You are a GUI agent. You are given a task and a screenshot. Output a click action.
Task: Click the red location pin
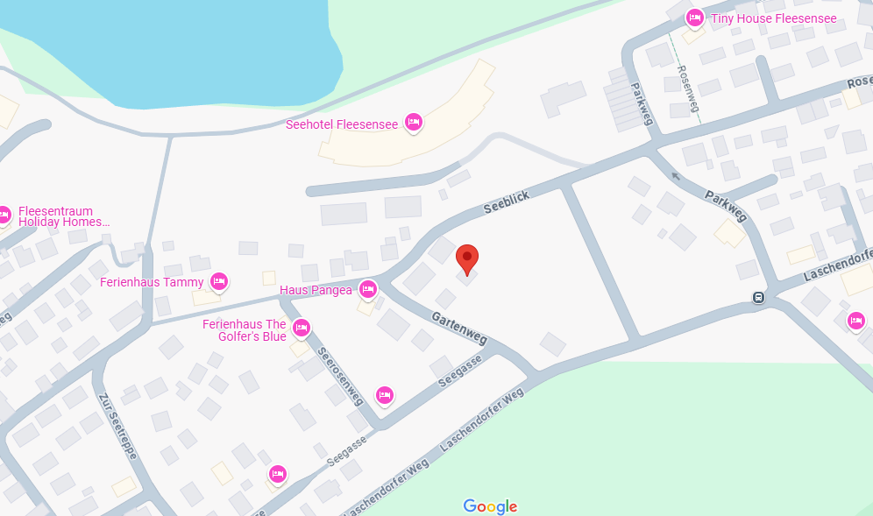click(468, 259)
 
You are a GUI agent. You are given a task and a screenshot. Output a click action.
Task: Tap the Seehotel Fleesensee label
click(342, 124)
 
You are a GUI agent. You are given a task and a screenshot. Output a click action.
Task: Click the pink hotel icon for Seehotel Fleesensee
click(414, 123)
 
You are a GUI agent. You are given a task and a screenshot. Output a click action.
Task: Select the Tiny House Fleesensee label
click(774, 18)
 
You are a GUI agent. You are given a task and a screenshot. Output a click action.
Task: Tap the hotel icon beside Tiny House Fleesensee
click(695, 18)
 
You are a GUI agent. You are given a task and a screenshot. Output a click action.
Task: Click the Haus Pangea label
click(316, 290)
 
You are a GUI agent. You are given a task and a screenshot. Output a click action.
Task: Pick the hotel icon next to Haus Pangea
click(368, 288)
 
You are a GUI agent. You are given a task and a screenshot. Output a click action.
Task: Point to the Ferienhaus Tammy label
click(152, 282)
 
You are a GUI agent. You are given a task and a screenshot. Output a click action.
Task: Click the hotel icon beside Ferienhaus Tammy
click(219, 281)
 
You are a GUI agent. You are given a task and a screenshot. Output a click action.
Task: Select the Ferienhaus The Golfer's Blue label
click(245, 330)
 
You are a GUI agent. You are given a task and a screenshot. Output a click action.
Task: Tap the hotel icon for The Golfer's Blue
click(302, 329)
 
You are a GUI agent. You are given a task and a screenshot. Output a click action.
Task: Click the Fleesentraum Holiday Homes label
click(64, 216)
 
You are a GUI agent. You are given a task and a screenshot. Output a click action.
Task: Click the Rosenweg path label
click(688, 89)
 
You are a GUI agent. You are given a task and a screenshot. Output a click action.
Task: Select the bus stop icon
click(757, 297)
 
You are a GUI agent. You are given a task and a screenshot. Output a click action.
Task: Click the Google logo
click(490, 505)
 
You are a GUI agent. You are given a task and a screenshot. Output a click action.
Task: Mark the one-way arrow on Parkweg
click(674, 175)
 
